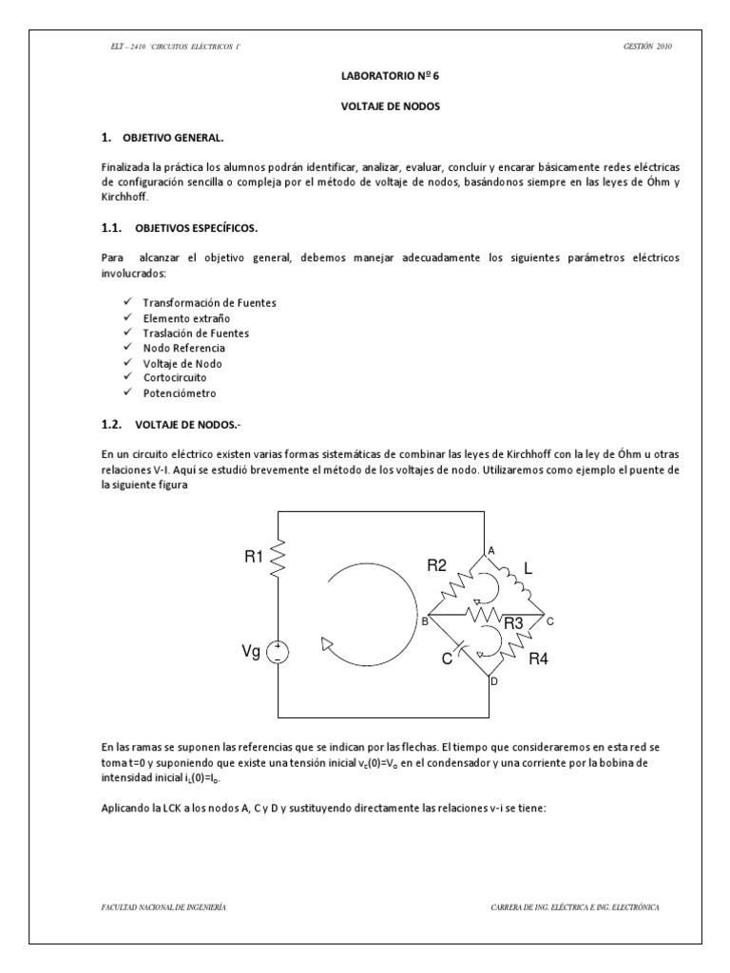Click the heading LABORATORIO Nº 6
(x=365, y=82)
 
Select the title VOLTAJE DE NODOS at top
(x=365, y=107)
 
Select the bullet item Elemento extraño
(x=185, y=317)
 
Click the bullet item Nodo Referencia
(x=183, y=348)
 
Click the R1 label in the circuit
(x=254, y=558)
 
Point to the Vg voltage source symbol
(x=279, y=652)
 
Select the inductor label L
(x=528, y=571)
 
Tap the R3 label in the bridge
(x=514, y=623)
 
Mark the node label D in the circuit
(x=492, y=680)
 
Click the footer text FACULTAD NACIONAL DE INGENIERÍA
(x=163, y=907)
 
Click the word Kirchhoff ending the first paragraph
(x=124, y=198)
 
